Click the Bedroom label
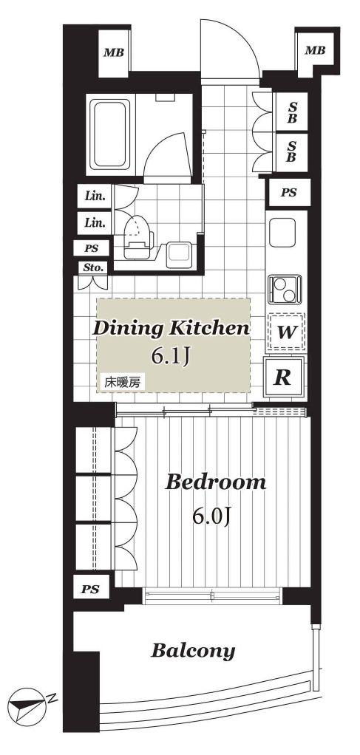pyautogui.click(x=215, y=482)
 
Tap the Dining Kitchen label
pyautogui.click(x=171, y=329)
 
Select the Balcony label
pyautogui.click(x=193, y=651)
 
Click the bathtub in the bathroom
pyautogui.click(x=111, y=134)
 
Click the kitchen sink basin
pyautogui.click(x=282, y=233)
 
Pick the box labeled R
pyautogui.click(x=283, y=377)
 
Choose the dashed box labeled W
pyautogui.click(x=285, y=331)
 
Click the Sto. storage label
pyautogui.click(x=94, y=268)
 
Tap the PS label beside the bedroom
pyautogui.click(x=91, y=588)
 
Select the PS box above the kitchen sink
pyautogui.click(x=289, y=193)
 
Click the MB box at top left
pyautogui.click(x=114, y=52)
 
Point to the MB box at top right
pyautogui.click(x=315, y=50)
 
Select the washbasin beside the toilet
pyautogui.click(x=179, y=253)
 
